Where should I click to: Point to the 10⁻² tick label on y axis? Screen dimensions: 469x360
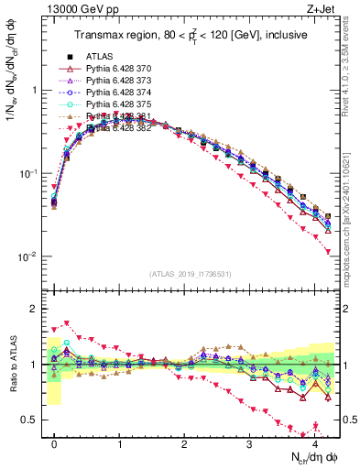coord(26,256)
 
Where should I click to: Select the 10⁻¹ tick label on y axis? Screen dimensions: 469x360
coord(26,173)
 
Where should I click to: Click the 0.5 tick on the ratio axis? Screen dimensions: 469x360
coord(27,420)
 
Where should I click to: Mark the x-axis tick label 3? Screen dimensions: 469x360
coord(250,443)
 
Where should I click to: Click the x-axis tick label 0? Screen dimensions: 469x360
coord(54,443)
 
